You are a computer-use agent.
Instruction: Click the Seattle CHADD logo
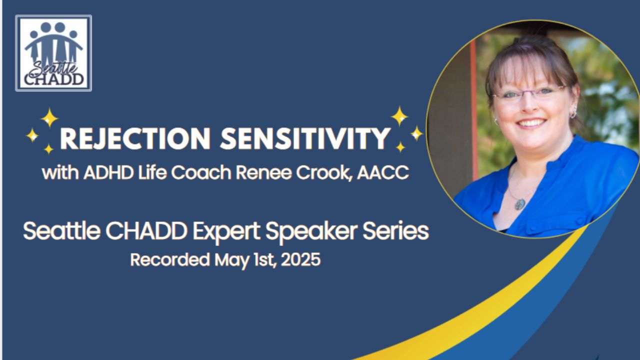[53, 53]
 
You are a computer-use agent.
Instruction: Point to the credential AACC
[383, 172]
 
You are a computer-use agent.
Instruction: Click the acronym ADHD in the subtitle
[108, 172]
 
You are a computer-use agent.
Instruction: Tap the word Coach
[201, 172]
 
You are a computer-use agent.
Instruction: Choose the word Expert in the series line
[226, 232]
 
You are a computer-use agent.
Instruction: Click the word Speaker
[311, 232]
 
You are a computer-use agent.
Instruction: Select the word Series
[396, 231]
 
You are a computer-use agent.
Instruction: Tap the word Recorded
[169, 259]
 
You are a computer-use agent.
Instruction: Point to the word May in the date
[231, 261]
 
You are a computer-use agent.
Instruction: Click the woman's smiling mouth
[531, 123]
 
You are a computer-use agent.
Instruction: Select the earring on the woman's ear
[572, 114]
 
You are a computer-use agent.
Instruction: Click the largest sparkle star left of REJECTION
[49, 117]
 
